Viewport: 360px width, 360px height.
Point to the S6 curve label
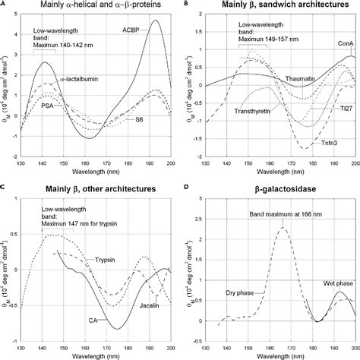point(140,120)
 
